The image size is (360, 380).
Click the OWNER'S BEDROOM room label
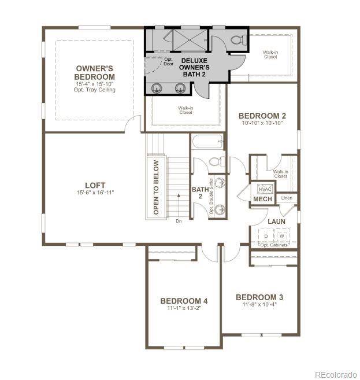pyautogui.click(x=95, y=73)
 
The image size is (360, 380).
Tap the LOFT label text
pyautogui.click(x=95, y=185)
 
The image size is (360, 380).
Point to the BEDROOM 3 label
pyautogui.click(x=259, y=297)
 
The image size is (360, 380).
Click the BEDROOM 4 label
pyautogui.click(x=184, y=301)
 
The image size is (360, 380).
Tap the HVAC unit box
pyautogui.click(x=265, y=189)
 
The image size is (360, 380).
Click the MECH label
pyautogui.click(x=262, y=200)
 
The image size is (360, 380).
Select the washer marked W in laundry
pyautogui.click(x=282, y=236)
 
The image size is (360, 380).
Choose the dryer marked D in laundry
pyautogui.click(x=266, y=236)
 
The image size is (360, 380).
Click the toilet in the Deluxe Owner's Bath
pyautogui.click(x=237, y=40)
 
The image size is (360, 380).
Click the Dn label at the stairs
pyautogui.click(x=178, y=220)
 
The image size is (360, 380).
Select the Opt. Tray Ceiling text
pyautogui.click(x=95, y=90)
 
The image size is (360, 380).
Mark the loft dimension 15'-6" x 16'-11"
pyautogui.click(x=95, y=193)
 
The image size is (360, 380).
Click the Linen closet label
pyautogui.click(x=287, y=198)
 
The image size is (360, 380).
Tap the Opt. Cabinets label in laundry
pyautogui.click(x=274, y=245)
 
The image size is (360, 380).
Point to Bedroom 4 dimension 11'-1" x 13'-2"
pyautogui.click(x=184, y=309)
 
